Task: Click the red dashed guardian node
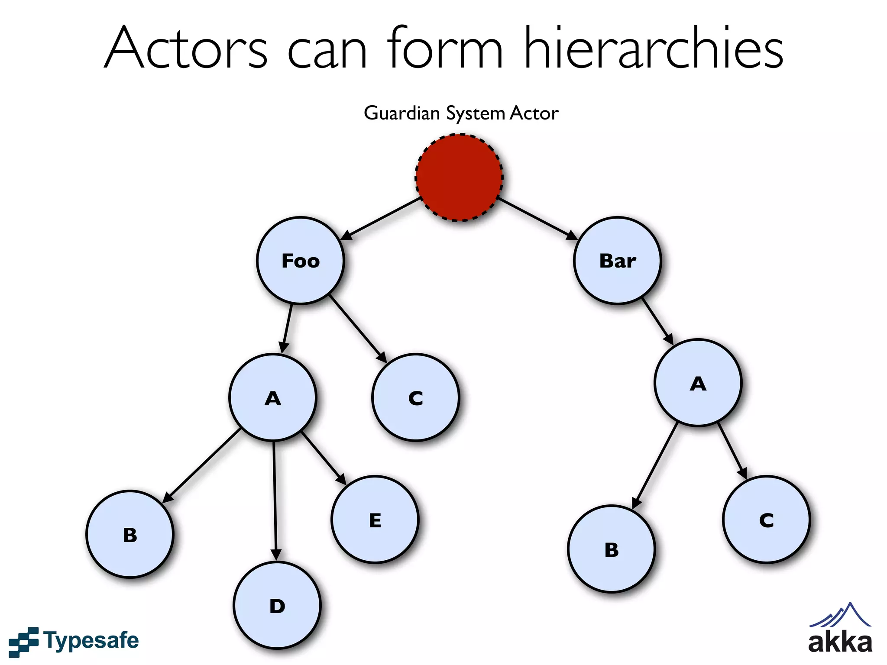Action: pos(459,178)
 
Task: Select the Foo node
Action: pos(300,261)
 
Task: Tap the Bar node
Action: pos(617,261)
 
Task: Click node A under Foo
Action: pos(272,397)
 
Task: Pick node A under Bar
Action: pos(698,383)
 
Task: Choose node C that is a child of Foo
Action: pos(415,397)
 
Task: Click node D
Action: pos(277,605)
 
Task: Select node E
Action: pos(375,520)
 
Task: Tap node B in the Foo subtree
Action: pos(129,534)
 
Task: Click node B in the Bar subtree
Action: pos(611,549)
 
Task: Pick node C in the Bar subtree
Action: pos(766,520)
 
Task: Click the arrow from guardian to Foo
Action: pos(381,218)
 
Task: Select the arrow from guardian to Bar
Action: pos(537,218)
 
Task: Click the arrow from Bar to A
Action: pos(657,321)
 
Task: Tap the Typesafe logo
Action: pos(74,641)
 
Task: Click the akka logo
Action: pos(840,630)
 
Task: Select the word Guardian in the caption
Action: pos(401,113)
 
